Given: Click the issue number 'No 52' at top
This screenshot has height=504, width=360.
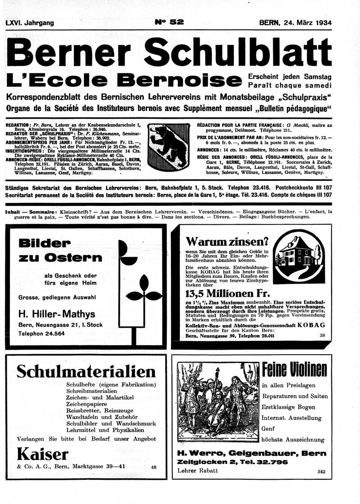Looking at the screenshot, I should [x=169, y=22].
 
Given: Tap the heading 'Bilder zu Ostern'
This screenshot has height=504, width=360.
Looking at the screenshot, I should [x=60, y=250].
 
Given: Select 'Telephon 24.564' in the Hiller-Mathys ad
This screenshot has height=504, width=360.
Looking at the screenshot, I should [x=41, y=334].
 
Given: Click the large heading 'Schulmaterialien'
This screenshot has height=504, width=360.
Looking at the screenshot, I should [x=86, y=371].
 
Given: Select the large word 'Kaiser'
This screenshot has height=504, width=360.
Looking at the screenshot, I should [x=43, y=454].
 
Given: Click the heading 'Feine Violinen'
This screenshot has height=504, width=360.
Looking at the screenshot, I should [x=294, y=370].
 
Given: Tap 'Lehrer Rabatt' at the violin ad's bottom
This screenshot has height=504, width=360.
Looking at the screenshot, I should [x=198, y=471].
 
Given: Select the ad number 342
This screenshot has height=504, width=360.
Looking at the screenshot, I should [x=320, y=471].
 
